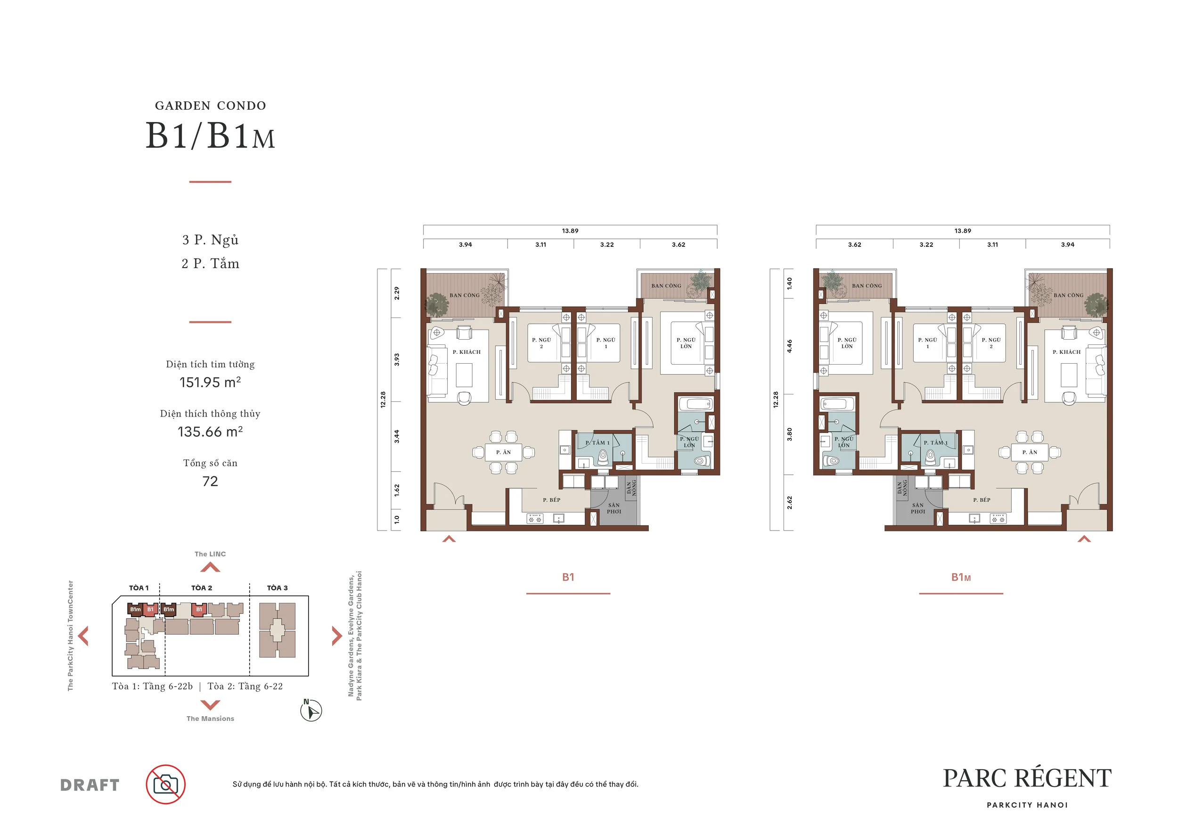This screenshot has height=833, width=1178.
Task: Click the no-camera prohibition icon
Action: point(166,784)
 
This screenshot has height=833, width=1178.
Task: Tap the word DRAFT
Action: point(90,785)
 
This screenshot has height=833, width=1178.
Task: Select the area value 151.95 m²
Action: point(210,382)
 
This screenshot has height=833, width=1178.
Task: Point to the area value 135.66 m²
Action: point(210,432)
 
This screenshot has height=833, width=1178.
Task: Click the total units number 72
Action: point(210,481)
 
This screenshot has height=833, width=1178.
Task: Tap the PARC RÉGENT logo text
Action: point(1027,778)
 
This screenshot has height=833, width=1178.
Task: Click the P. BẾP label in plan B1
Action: point(552,499)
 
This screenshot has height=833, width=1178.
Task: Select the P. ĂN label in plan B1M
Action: point(1030,452)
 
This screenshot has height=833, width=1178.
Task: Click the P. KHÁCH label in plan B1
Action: point(466,352)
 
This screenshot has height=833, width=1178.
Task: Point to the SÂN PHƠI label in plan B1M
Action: point(918,508)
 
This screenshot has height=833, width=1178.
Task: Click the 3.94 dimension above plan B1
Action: point(466,245)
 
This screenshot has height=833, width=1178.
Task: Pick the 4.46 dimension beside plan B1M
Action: point(790,346)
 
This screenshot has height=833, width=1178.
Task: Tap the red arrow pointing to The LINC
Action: point(210,567)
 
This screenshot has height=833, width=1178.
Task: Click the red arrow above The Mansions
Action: point(210,705)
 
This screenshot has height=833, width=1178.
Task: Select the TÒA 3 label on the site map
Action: point(277,588)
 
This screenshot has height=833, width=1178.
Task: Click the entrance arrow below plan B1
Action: point(449,539)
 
